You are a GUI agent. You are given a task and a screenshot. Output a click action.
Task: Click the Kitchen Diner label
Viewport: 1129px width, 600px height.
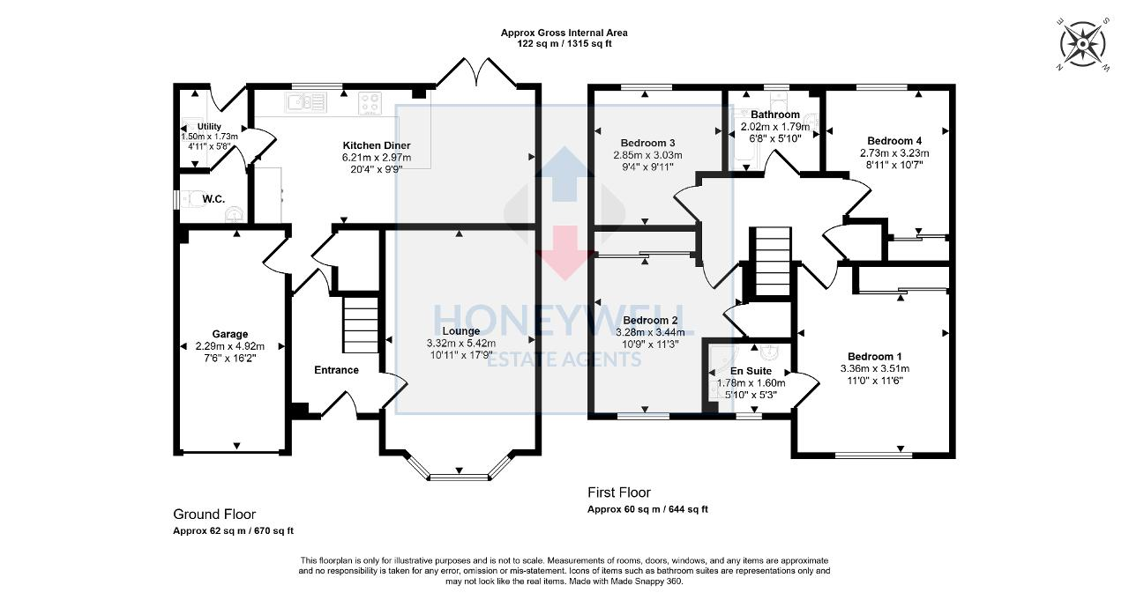pos(378,145)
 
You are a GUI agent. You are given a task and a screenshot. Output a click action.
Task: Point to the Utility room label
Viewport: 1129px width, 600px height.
pos(209,127)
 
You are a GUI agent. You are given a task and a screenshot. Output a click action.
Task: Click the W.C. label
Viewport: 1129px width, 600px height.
pos(213,199)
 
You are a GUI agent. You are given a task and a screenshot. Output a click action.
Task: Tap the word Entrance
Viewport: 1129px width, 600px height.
pos(336,370)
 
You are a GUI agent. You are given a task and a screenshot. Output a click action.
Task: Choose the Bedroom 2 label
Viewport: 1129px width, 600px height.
pos(650,320)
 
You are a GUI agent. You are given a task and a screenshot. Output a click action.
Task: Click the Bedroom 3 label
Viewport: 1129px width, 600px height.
pos(647,144)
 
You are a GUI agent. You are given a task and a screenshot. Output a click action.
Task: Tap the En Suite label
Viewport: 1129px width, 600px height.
pos(751,371)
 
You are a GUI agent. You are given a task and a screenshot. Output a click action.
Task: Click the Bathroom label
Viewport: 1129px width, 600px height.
pos(775,115)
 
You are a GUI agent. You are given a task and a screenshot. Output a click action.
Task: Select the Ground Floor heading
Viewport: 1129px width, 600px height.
pos(214,515)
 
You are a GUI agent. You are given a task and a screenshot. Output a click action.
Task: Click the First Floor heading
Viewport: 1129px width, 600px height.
pos(619,493)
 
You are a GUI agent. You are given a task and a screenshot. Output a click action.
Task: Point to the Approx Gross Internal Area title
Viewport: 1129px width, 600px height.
pos(564,33)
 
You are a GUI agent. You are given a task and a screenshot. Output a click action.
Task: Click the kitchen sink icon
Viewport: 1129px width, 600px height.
pos(305,103)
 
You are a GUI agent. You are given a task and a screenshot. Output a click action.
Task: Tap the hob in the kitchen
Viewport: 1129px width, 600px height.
pos(370,104)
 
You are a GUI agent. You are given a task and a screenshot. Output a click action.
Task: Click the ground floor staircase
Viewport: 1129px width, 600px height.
pos(360,324)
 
